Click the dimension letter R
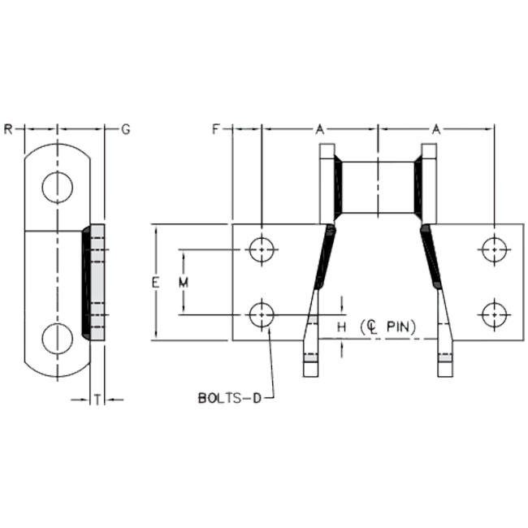click(8, 129)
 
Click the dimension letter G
click(126, 129)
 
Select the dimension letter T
click(97, 400)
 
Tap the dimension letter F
click(216, 129)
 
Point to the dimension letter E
click(155, 283)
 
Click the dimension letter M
click(184, 283)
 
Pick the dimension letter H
click(341, 327)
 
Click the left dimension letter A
click(319, 129)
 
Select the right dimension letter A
click(436, 129)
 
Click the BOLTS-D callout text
click(230, 398)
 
